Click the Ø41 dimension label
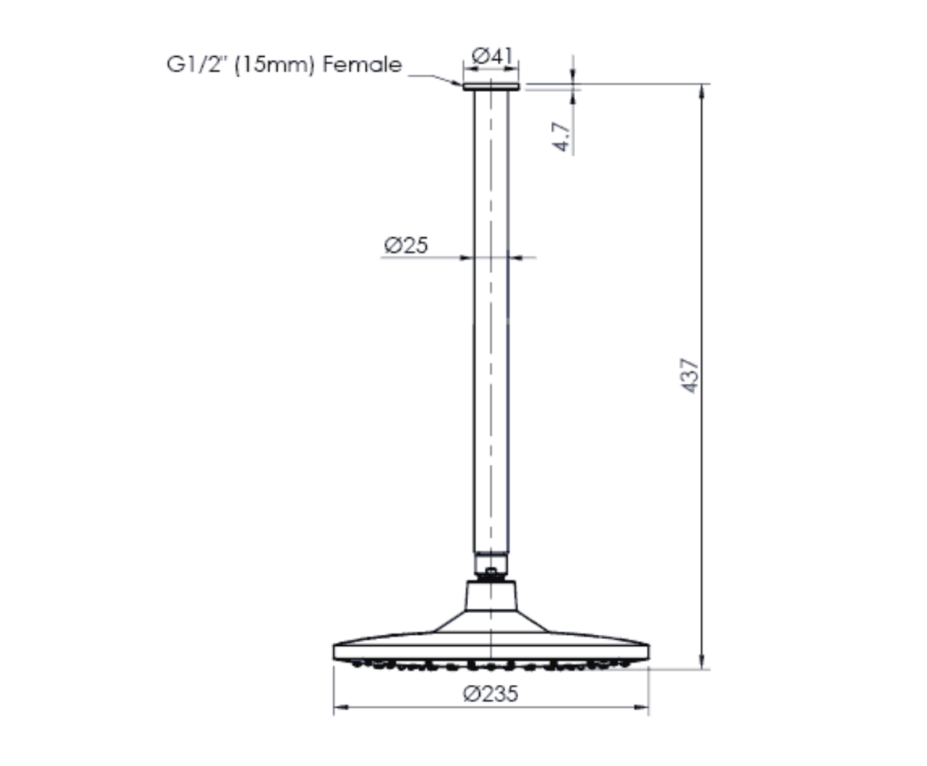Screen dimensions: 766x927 (492, 56)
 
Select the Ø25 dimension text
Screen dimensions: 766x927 (405, 245)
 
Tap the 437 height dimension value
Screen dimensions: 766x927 (690, 375)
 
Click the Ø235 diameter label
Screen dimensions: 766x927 (490, 693)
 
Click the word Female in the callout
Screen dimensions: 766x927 (363, 65)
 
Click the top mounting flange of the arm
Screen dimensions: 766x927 (491, 87)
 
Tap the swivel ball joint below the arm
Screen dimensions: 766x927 (491, 573)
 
